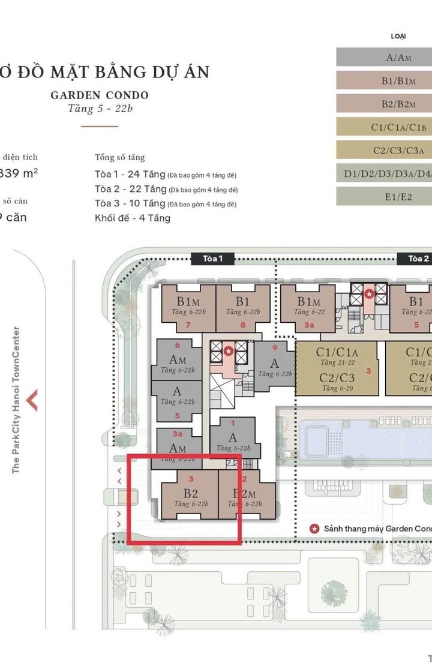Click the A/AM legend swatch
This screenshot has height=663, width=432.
[384, 58]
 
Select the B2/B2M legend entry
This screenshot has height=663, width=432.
[384, 104]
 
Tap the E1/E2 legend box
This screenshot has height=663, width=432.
[384, 196]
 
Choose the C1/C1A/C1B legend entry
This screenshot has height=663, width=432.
[384, 127]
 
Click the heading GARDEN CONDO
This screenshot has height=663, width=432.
[100, 95]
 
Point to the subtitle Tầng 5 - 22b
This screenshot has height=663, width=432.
[100, 109]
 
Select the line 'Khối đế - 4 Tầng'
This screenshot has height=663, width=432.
[133, 218]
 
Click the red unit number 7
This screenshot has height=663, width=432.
[188, 325]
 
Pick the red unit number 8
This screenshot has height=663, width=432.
[242, 325]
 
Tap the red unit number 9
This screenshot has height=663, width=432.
[274, 347]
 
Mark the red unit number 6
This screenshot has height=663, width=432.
[177, 346]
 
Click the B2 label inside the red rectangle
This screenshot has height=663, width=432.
[191, 493]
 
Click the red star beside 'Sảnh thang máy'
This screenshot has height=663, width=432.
[314, 529]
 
